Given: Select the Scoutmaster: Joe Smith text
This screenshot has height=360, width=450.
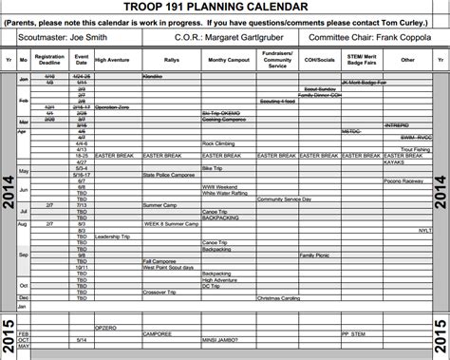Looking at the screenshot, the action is tap(58, 39).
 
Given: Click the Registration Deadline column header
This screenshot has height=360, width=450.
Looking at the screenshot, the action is tap(48, 60).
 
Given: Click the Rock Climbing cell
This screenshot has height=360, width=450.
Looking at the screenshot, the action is tap(220, 143).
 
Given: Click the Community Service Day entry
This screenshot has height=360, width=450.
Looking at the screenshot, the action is tap(285, 199).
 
